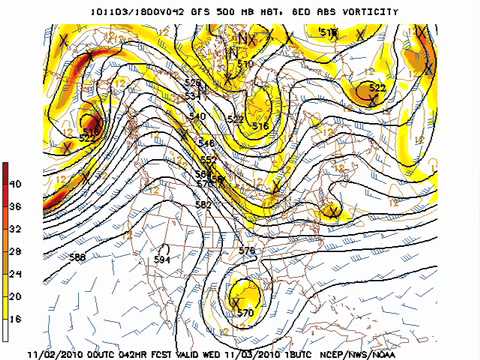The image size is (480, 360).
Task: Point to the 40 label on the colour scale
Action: tap(16, 184)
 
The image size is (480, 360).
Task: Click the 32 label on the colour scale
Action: tap(16, 228)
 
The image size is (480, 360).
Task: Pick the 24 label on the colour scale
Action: tap(16, 273)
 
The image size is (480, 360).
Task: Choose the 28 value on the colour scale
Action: tap(16, 251)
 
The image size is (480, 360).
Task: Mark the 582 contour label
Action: tap(204, 204)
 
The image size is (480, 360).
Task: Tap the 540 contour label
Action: tap(196, 117)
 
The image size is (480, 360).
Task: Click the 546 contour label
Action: tap(206, 144)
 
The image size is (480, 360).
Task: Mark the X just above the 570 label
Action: tap(236, 300)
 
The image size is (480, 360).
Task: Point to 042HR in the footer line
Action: tap(150, 352)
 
